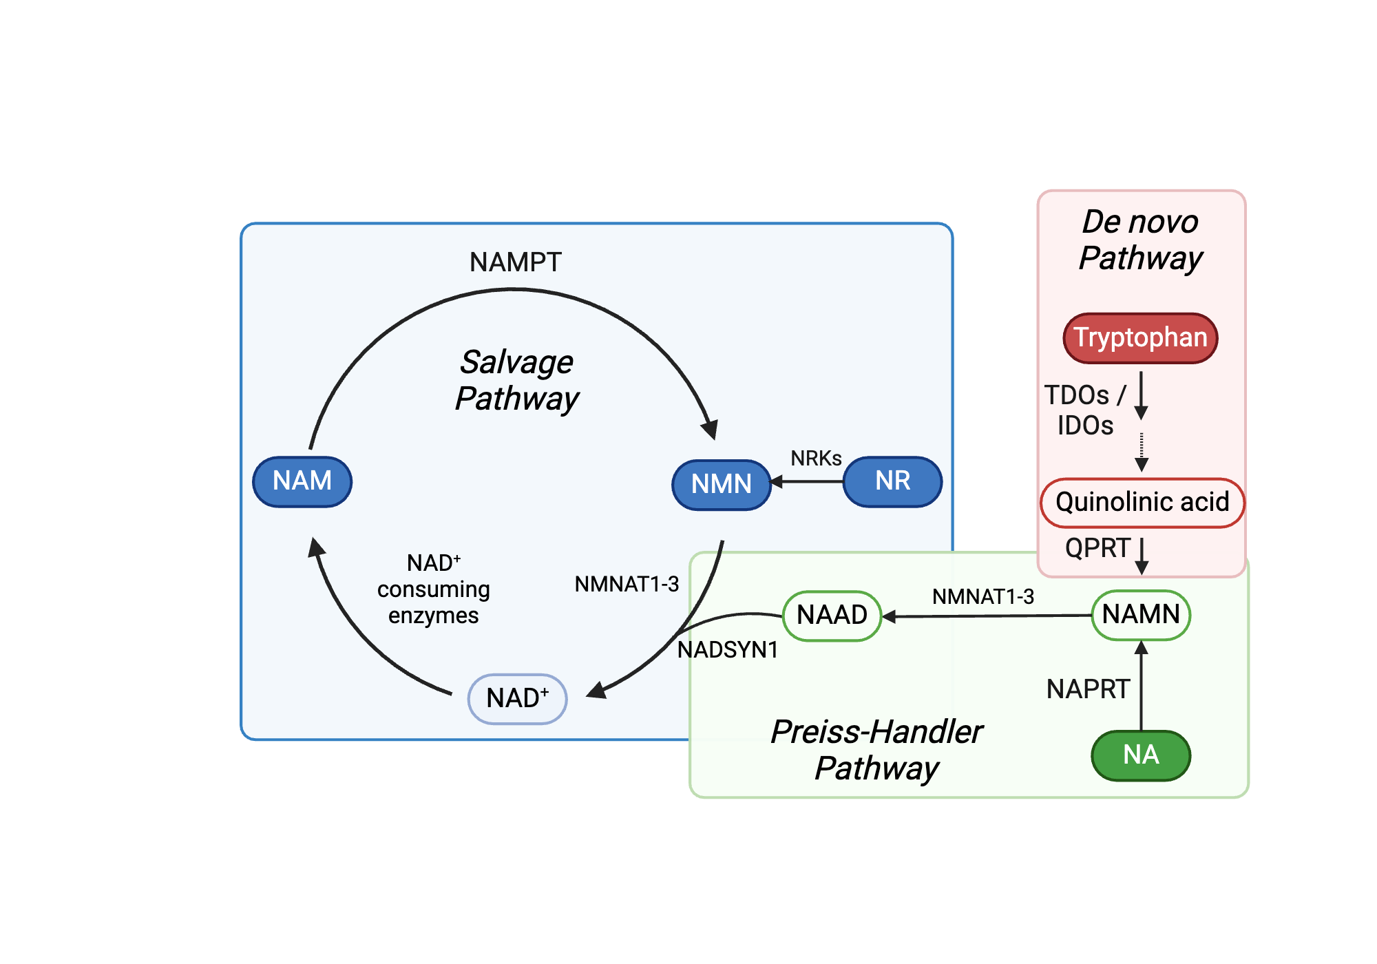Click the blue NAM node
[302, 481]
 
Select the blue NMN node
[721, 484]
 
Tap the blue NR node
[892, 481]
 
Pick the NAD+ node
[517, 698]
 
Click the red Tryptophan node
[1140, 337]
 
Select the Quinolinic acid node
[1142, 502]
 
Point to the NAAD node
[832, 615]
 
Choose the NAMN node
[1141, 614]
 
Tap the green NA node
[1141, 755]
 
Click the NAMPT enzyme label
[516, 262]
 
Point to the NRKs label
[816, 459]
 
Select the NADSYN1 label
[728, 649]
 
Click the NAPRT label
[1088, 689]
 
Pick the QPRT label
[1097, 548]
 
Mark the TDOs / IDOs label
[1085, 410]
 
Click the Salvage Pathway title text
[517, 380]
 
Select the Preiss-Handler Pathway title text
[876, 749]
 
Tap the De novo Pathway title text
[1140, 240]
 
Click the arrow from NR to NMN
[807, 482]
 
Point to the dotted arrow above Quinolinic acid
[1142, 451]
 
